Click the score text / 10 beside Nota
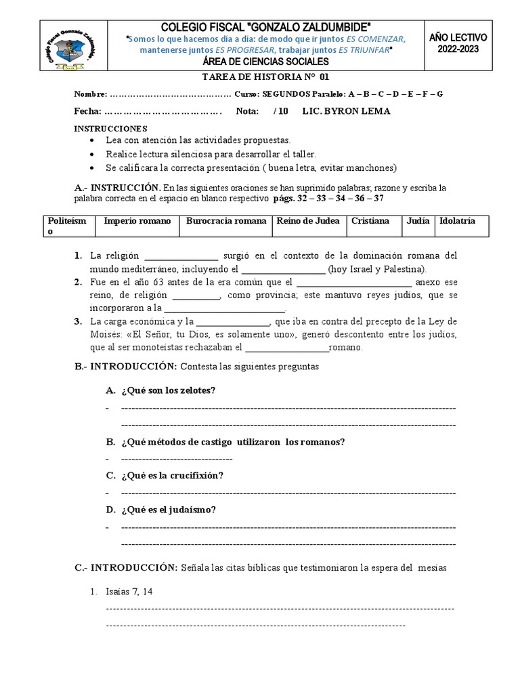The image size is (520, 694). [x=281, y=111]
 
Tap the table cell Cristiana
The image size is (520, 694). [x=370, y=221]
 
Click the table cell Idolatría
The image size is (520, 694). [x=457, y=221]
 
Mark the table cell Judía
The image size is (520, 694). [x=418, y=221]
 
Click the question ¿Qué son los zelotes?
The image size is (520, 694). [x=169, y=391]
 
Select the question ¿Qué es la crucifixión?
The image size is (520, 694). [x=172, y=476]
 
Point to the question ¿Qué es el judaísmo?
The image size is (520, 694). [x=169, y=510]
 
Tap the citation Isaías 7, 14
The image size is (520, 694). [x=129, y=591]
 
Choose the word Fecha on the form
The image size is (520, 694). [x=86, y=111]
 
